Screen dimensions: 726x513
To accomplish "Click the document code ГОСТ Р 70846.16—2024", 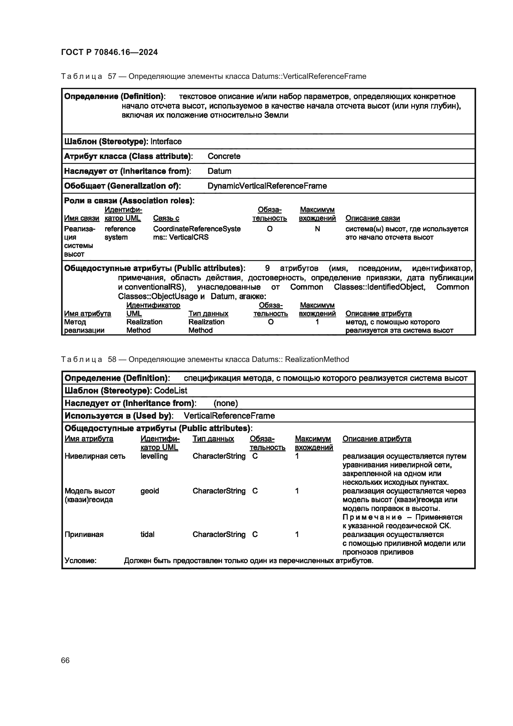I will click(x=109, y=52).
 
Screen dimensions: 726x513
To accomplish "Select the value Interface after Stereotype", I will click(x=166, y=141).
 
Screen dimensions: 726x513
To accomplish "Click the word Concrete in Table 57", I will click(x=224, y=156).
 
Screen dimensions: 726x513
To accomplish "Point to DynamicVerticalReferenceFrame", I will click(x=267, y=186).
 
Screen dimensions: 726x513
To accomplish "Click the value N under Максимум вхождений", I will click(x=317, y=229).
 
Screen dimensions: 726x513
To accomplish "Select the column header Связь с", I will click(x=166, y=218).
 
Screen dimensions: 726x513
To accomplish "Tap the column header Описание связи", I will click(x=372, y=218).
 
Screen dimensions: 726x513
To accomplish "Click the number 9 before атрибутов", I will click(x=267, y=268).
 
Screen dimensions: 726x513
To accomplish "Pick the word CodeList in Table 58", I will click(x=171, y=391).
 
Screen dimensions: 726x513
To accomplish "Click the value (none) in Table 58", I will click(x=225, y=404).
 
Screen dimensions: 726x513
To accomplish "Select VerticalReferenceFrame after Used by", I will click(x=229, y=416).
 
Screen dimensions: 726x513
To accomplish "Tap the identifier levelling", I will click(x=154, y=456).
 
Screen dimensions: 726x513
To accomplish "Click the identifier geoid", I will click(x=149, y=491).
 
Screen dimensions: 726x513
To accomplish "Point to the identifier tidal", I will click(x=147, y=535).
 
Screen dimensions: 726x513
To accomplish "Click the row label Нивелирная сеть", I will click(x=95, y=456).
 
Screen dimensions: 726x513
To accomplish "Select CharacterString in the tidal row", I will click(x=219, y=535).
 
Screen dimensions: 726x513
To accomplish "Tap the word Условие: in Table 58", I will click(x=80, y=561).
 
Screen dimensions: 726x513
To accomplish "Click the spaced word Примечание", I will click(x=372, y=517).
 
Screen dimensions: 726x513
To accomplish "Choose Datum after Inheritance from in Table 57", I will click(x=219, y=171).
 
